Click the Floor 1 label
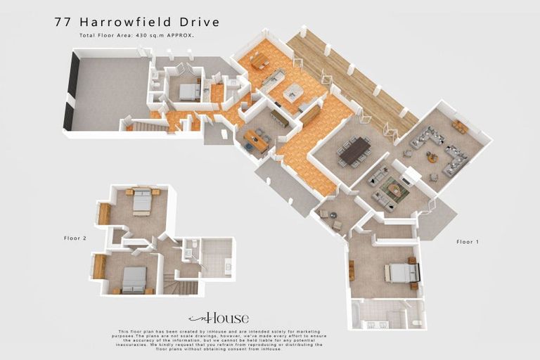click(x=467, y=242)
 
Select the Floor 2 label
click(x=75, y=238)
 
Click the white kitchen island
click(x=294, y=91)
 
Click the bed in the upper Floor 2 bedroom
click(x=141, y=201)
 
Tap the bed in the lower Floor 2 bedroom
click(x=133, y=279)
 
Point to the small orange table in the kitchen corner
click(x=259, y=61)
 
